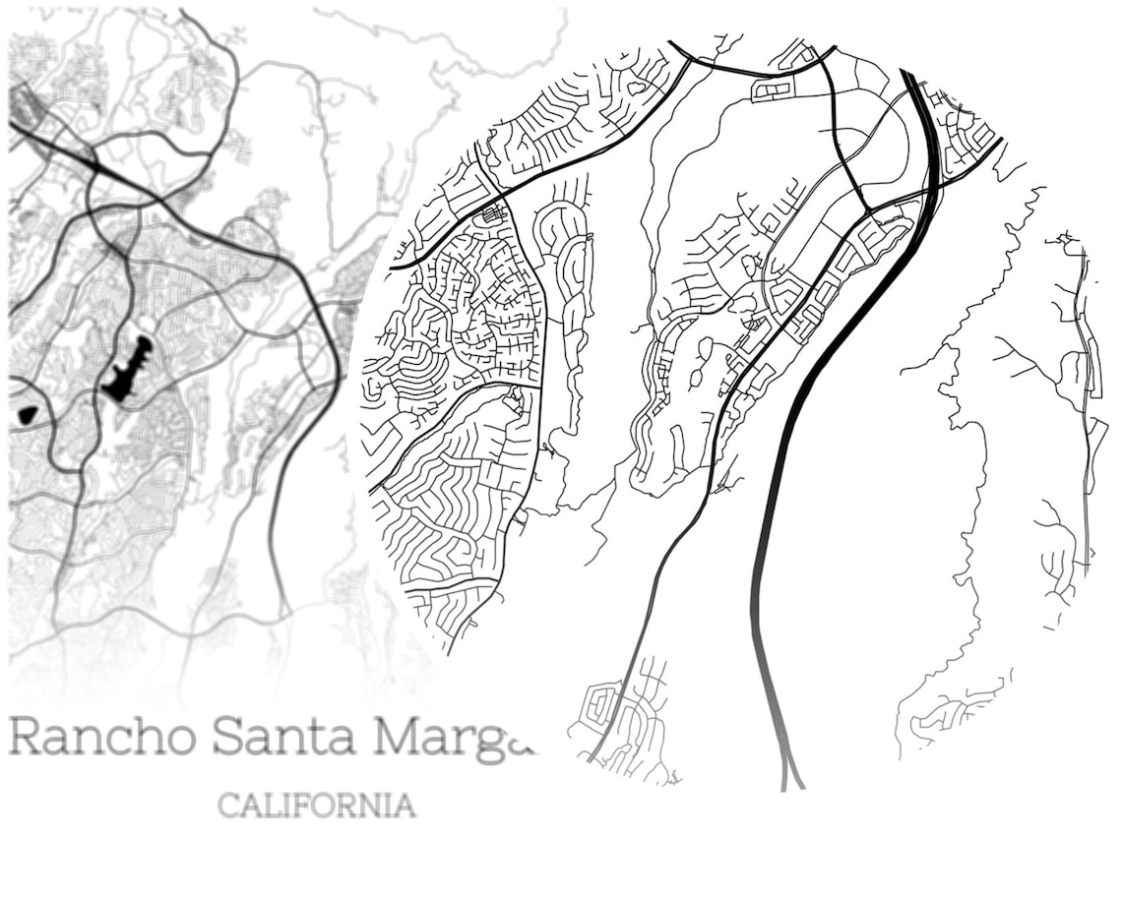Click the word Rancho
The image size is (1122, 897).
pos(102,738)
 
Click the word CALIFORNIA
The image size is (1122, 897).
pos(316,806)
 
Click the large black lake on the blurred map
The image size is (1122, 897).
pos(129,370)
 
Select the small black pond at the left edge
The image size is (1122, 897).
pos(28,416)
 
